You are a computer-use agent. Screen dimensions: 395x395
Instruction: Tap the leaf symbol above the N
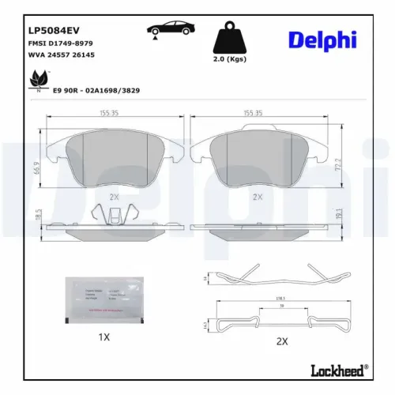tap(36, 81)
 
